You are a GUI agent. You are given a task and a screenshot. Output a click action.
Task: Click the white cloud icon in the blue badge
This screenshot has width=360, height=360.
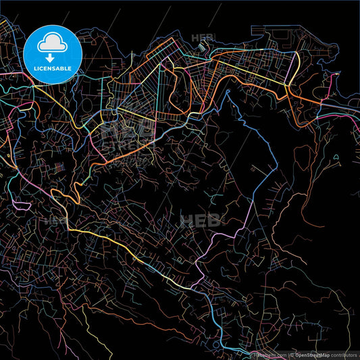click(52, 43)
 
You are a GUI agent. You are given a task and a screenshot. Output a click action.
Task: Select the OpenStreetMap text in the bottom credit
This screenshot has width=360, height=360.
click(312, 355)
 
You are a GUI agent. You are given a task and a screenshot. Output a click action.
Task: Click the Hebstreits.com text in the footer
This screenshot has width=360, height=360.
click(269, 355)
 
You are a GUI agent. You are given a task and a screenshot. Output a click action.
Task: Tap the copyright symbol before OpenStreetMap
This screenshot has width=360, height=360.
click(291, 355)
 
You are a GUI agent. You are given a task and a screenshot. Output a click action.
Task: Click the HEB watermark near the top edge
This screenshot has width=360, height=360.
click(202, 38)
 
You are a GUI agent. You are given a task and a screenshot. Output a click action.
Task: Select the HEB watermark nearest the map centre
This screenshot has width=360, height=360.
click(196, 220)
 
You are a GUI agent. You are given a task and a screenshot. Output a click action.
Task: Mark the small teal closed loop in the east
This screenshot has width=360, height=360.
click(336, 161)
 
